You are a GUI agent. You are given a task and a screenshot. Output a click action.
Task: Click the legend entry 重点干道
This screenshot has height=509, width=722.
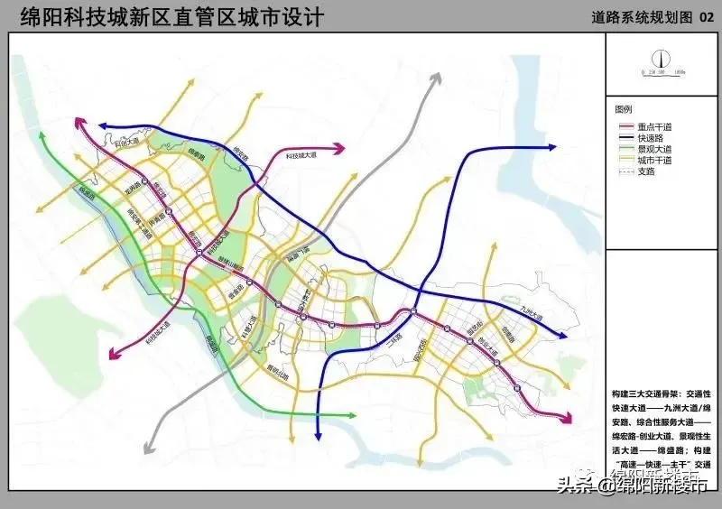655,126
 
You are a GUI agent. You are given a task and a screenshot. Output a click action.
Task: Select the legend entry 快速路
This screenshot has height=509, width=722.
651,137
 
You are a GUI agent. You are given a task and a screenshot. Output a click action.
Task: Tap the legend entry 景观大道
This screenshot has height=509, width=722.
655,148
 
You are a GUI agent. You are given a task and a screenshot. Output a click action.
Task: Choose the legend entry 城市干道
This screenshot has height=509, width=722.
655,160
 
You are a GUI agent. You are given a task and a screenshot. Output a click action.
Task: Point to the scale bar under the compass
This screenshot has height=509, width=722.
662,71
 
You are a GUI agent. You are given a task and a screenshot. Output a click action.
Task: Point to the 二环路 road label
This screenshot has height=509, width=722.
393,343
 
